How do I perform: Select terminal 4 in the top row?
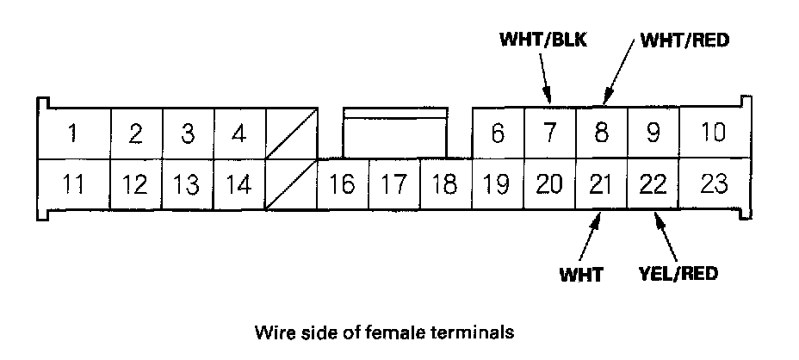pyautogui.click(x=238, y=133)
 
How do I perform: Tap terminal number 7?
pyautogui.click(x=549, y=133)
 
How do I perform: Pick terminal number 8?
pyautogui.click(x=601, y=133)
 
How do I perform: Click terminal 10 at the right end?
pyautogui.click(x=713, y=133)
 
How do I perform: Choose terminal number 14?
pyautogui.click(x=238, y=184)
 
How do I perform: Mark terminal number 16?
pyautogui.click(x=342, y=184)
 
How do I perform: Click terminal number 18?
pyautogui.click(x=445, y=184)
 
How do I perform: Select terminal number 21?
pyautogui.click(x=601, y=184)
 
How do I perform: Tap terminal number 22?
pyautogui.click(x=653, y=184)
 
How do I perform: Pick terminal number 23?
pyautogui.click(x=713, y=184)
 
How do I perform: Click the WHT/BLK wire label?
pyautogui.click(x=542, y=40)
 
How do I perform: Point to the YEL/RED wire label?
pyautogui.click(x=679, y=275)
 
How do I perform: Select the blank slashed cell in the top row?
pyautogui.click(x=291, y=133)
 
